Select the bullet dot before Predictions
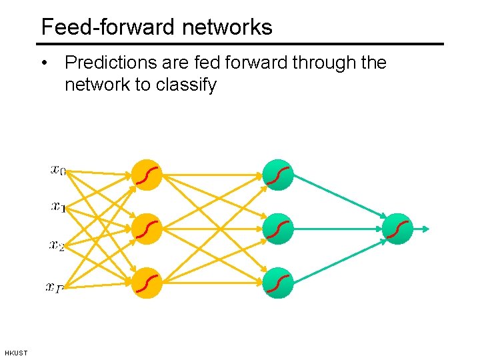44,63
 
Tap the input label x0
58,170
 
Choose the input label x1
58,207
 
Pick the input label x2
57,245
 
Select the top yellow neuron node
147,175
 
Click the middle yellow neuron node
147,229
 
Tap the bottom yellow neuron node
147,283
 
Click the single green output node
398,229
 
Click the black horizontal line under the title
240,44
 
